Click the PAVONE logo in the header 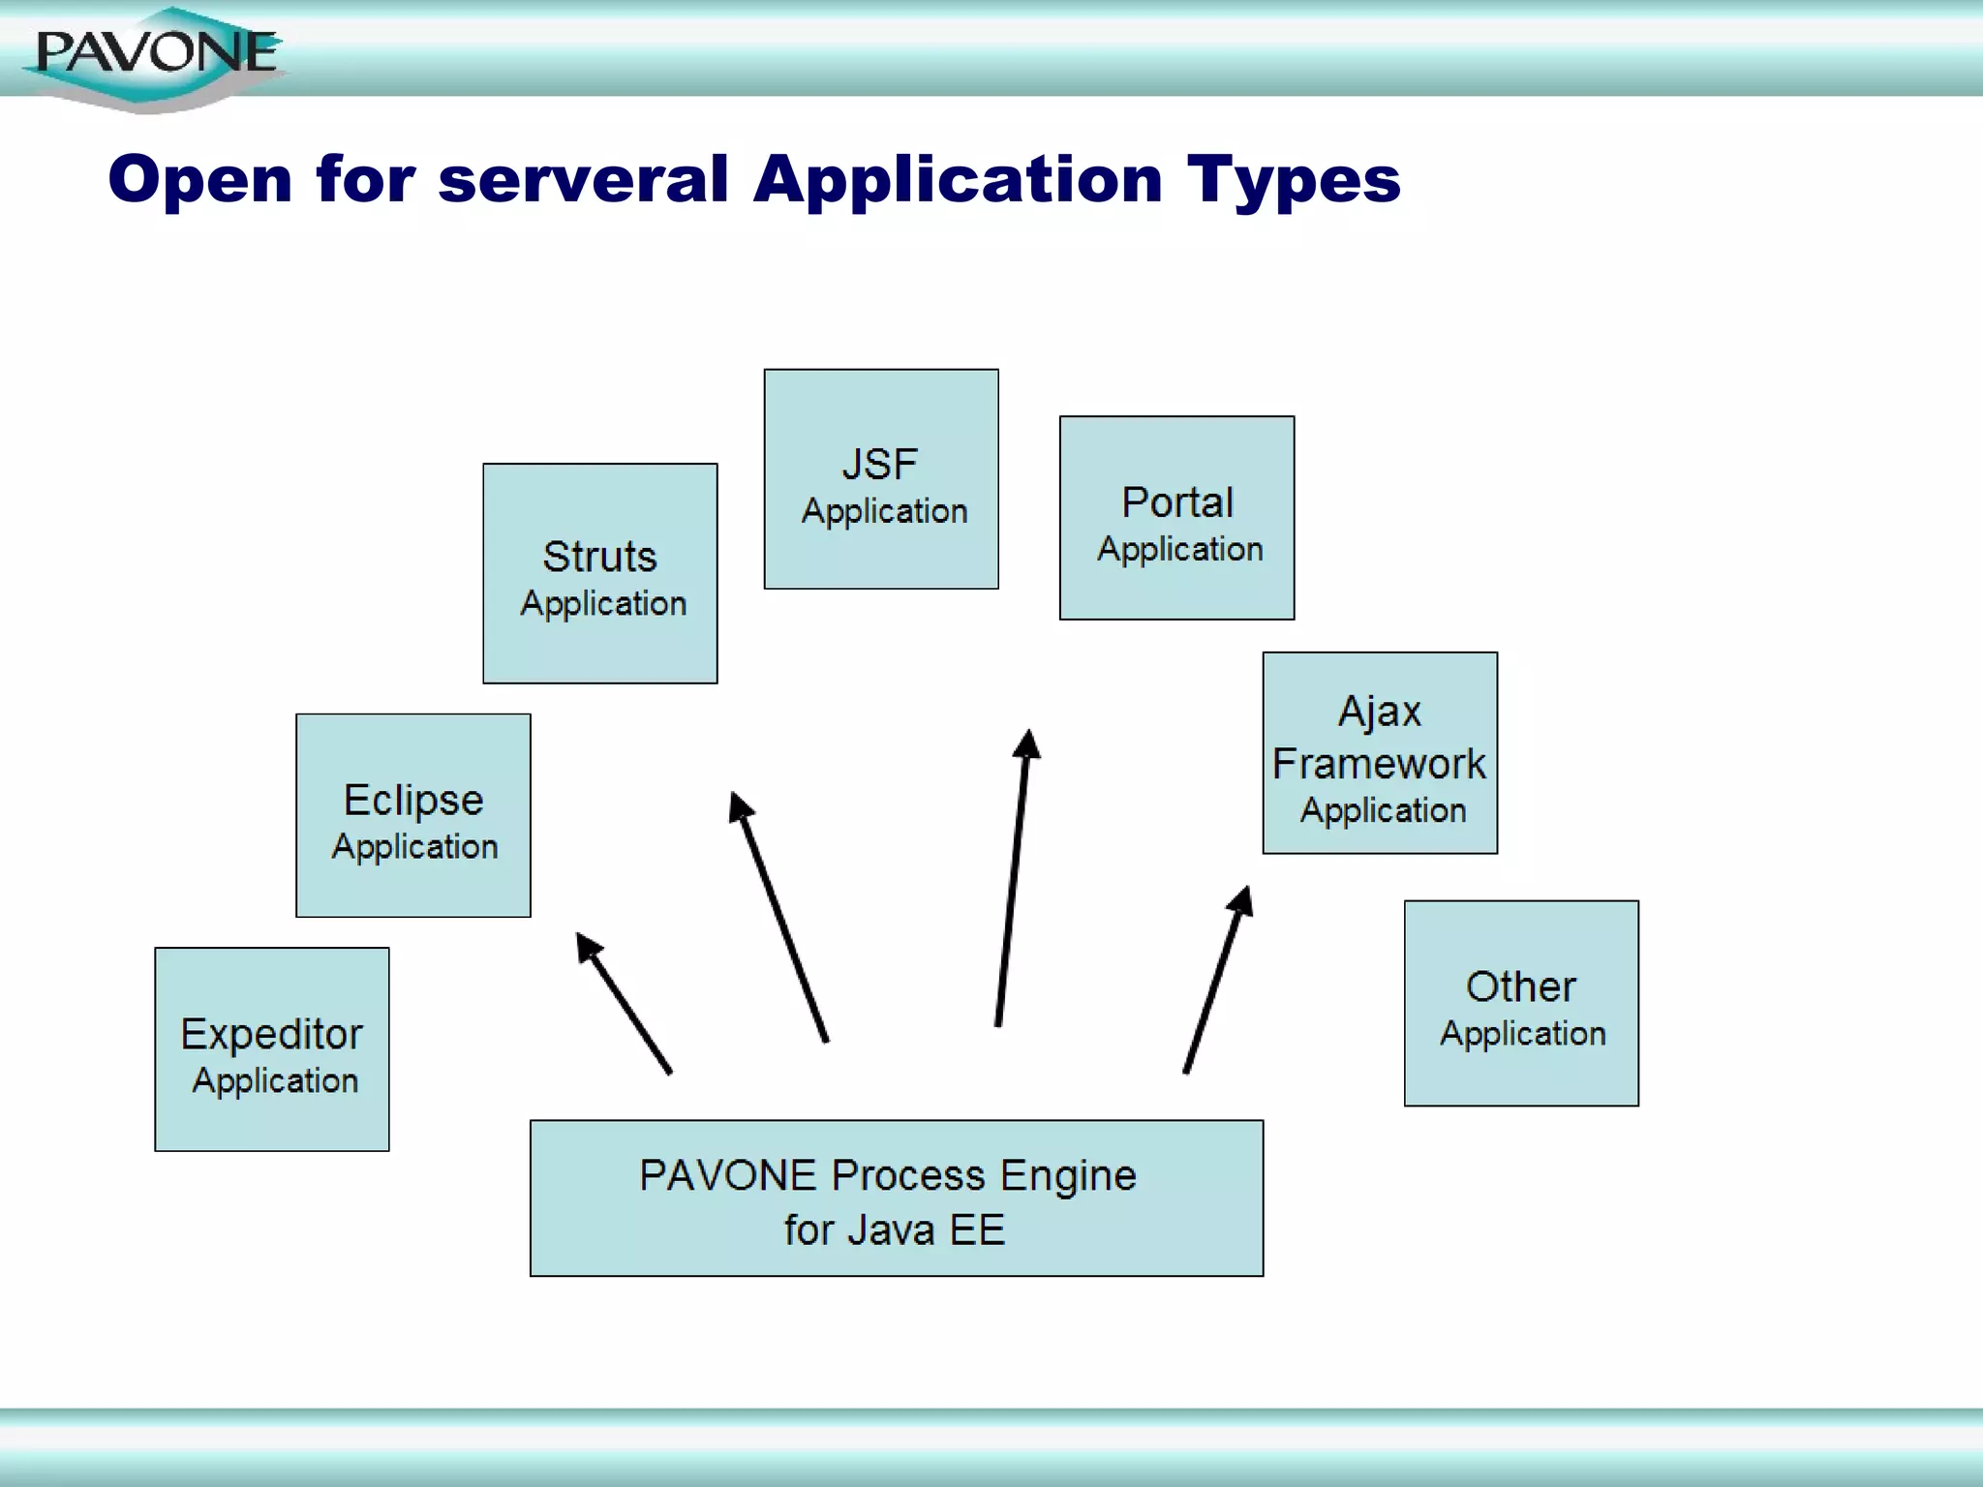click(155, 56)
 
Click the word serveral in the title click(582, 180)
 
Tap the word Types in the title click(1294, 182)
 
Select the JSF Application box click(881, 479)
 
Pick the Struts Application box click(600, 574)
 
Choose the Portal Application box click(1176, 518)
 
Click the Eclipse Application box click(413, 816)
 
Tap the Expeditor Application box click(272, 1049)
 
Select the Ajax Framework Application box click(1380, 753)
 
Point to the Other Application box click(1521, 1004)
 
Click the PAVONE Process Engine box click(897, 1199)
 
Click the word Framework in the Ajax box click(1379, 764)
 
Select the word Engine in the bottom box click(1068, 1175)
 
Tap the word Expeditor click(271, 1034)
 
